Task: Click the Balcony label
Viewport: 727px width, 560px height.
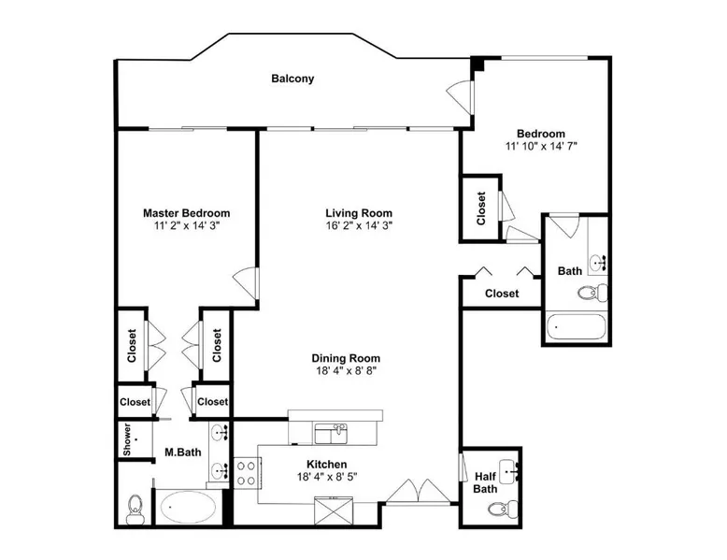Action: (x=292, y=79)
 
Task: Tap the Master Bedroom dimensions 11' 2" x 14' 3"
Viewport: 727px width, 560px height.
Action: (x=186, y=226)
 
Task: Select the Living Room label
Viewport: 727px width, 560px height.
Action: (x=359, y=213)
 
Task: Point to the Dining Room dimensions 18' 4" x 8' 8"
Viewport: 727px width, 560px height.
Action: (x=346, y=371)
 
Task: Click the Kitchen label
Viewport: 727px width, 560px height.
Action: (x=327, y=465)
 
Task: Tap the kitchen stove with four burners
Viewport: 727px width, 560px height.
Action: (x=246, y=473)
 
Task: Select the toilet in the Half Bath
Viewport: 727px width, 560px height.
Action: (x=503, y=510)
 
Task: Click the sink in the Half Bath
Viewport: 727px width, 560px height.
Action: (x=508, y=471)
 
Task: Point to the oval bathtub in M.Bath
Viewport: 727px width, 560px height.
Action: (x=188, y=507)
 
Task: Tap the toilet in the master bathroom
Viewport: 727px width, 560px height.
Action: (x=135, y=509)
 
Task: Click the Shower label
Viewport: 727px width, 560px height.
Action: (x=127, y=438)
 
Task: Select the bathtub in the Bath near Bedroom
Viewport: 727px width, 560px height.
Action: (x=576, y=326)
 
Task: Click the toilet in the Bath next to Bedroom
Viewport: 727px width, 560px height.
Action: (x=592, y=293)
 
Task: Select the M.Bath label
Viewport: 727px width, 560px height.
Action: (x=183, y=452)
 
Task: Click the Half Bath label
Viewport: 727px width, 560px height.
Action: (x=485, y=482)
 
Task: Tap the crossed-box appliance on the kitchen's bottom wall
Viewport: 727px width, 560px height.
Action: (x=333, y=510)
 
